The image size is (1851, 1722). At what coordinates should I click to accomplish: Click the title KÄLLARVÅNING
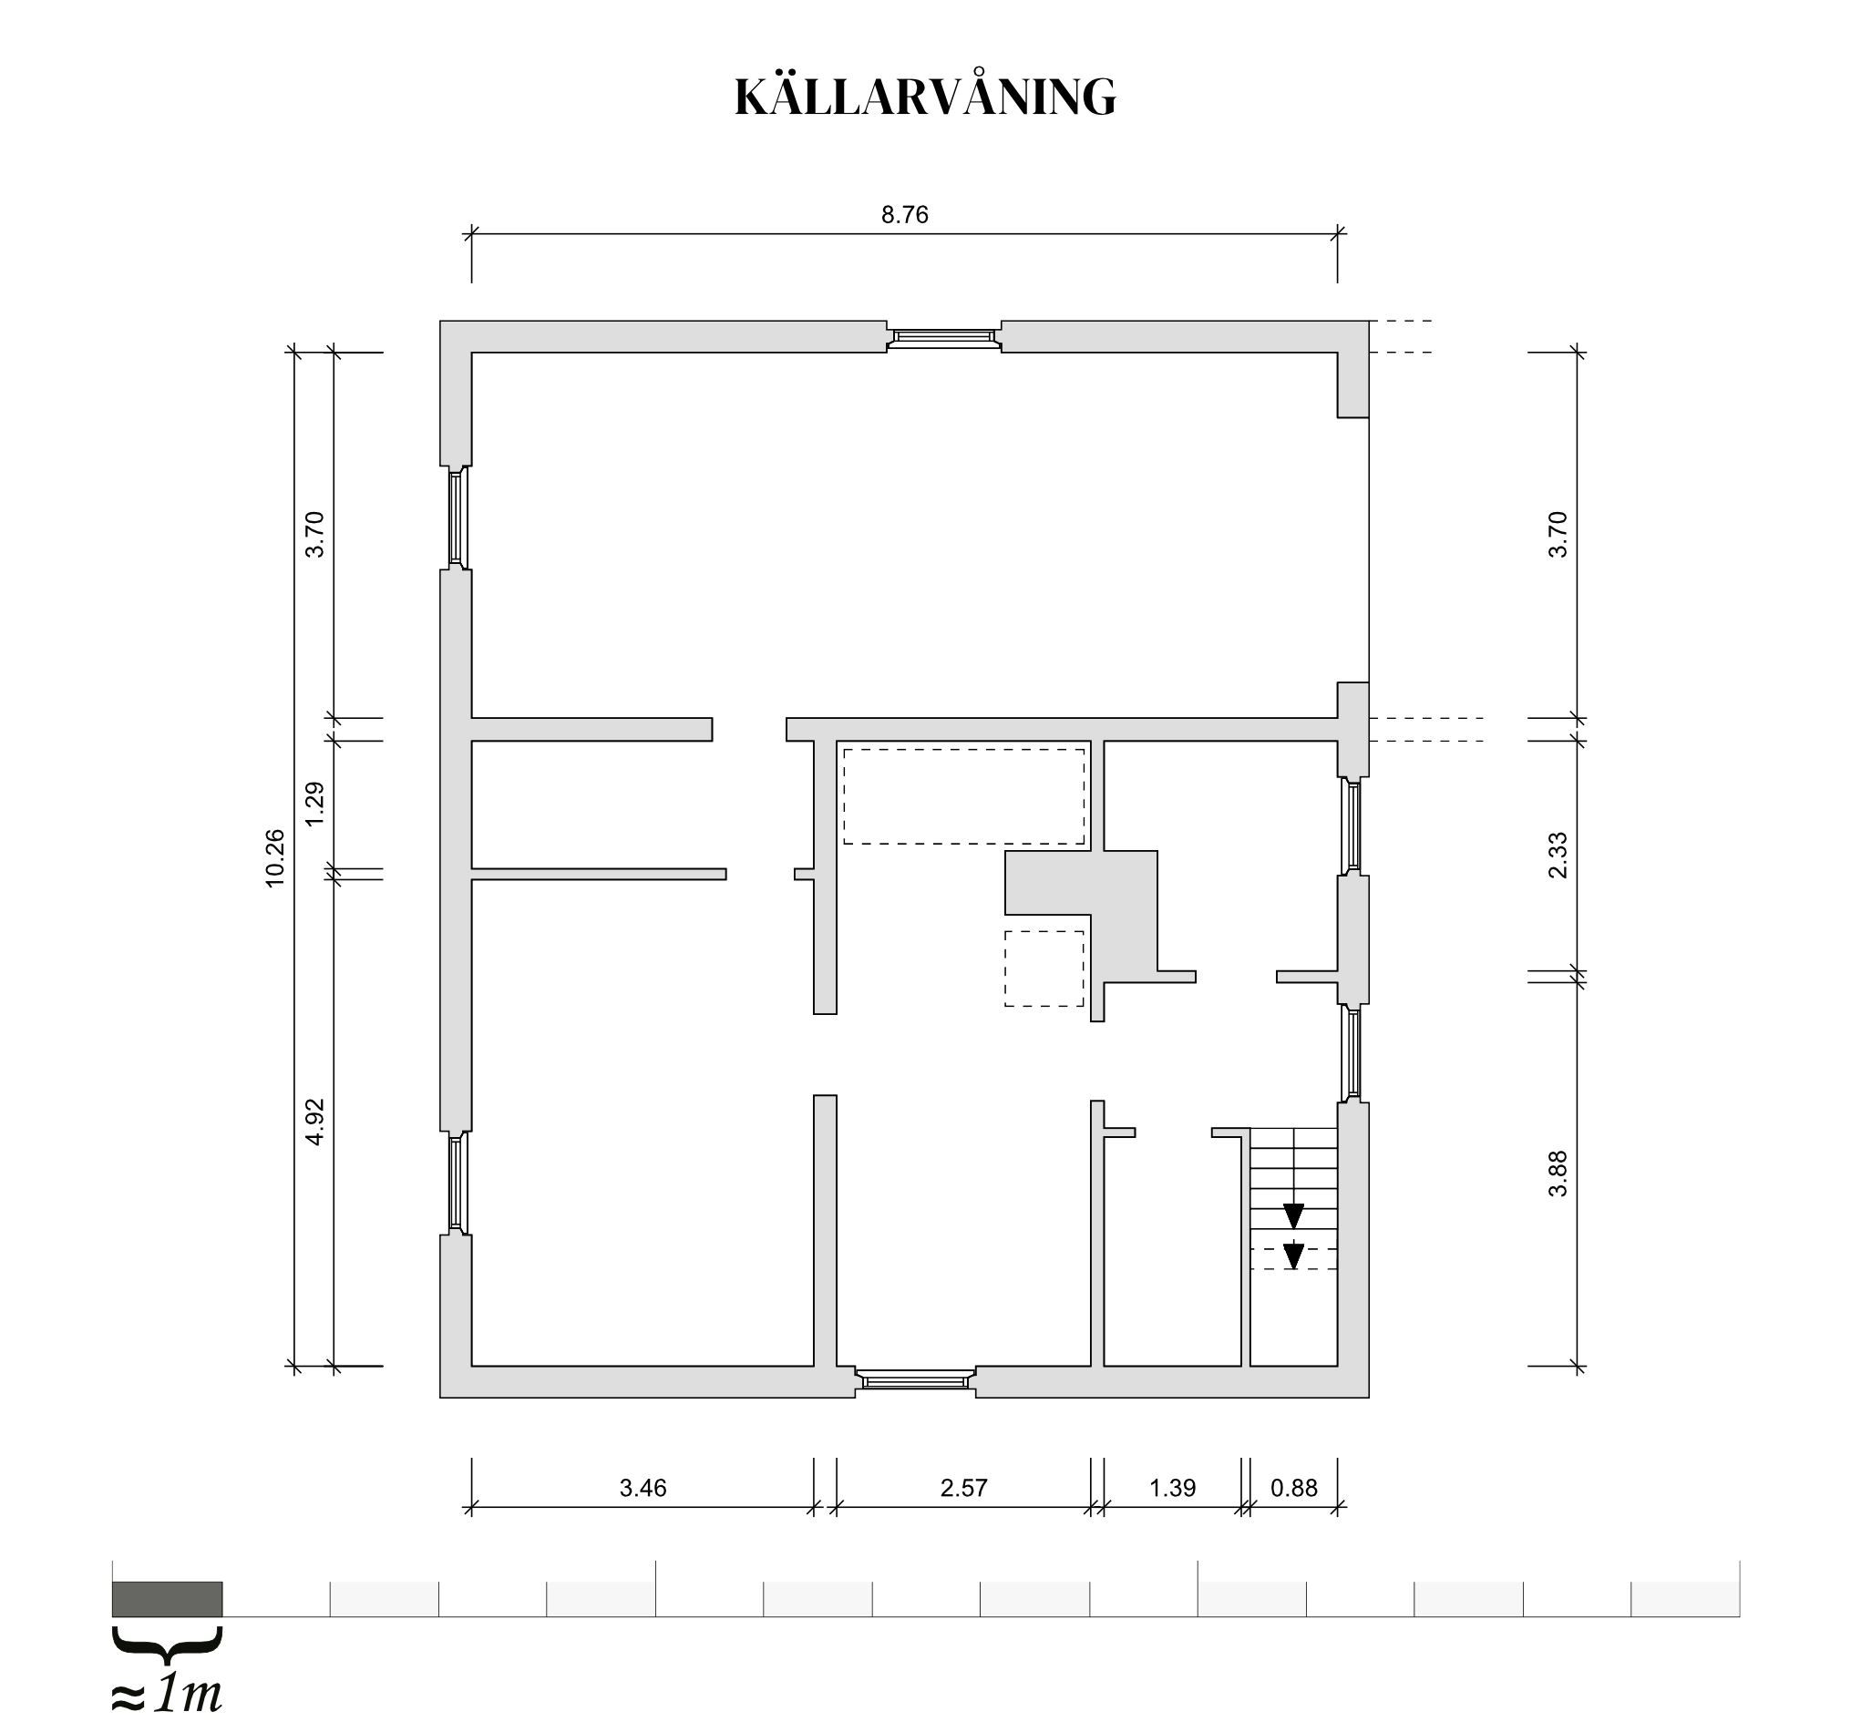[x=926, y=97]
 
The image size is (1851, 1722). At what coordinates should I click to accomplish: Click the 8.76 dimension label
[x=905, y=215]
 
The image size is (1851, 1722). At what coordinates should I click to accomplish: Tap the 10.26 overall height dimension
[x=274, y=858]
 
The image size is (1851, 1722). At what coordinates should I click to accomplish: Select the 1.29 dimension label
[x=314, y=804]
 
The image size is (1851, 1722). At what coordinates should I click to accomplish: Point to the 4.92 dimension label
[x=314, y=1122]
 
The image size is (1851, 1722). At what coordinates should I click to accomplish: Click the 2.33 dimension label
[x=1558, y=856]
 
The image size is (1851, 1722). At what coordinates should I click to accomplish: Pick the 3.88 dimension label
[x=1558, y=1174]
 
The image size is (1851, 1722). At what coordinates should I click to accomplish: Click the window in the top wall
[x=943, y=337]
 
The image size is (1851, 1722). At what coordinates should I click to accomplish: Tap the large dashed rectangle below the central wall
[x=963, y=797]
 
